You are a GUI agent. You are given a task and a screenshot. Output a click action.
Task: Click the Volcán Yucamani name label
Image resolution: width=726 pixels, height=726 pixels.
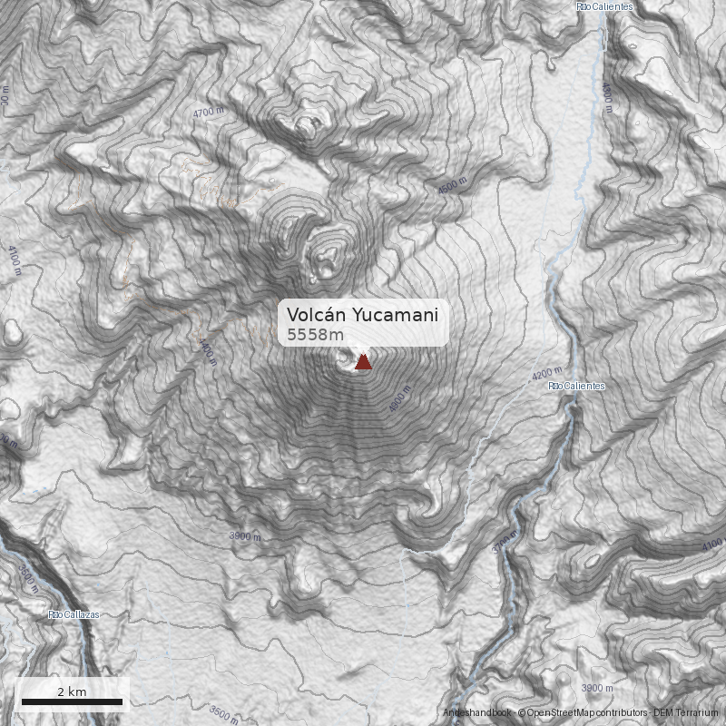point(362,314)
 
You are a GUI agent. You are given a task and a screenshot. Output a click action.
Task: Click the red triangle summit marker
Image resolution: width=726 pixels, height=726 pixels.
point(363,363)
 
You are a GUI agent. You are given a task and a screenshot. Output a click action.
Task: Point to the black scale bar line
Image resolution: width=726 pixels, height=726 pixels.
point(72,701)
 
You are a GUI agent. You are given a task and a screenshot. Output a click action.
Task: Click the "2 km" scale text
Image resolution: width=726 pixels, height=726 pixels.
point(72,692)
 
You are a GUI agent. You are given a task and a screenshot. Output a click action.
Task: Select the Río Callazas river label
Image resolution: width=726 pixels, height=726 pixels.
point(74,614)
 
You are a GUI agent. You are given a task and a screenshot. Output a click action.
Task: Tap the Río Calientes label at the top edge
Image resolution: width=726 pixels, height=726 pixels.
point(603,6)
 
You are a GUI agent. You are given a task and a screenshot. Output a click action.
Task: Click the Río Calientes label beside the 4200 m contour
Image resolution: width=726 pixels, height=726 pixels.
point(576,386)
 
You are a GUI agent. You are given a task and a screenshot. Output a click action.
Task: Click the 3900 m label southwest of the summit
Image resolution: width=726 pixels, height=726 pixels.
point(245,536)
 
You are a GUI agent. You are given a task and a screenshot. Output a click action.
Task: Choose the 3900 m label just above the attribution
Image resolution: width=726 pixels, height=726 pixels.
point(597,688)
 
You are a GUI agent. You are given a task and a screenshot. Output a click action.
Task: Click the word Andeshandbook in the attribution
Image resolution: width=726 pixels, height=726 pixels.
point(477,713)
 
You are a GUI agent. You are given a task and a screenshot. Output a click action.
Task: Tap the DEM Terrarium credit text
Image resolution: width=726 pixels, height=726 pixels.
point(686,713)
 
